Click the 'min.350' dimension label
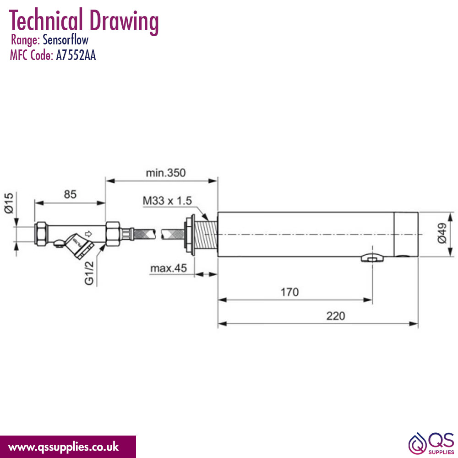pos(166,173)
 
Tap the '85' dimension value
pos(70,194)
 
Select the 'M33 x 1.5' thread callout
pos(167,201)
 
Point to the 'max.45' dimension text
pos(169,268)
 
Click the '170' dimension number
pos(289,292)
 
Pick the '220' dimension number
pos(336,316)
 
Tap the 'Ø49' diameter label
pos(442,233)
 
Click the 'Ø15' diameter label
pos(9,203)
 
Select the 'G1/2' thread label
pos(89,273)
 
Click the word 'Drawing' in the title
pos(124,21)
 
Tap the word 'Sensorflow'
pos(65,40)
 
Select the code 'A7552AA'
pos(76,55)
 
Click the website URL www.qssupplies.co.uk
pos(63,447)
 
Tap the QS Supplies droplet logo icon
pos(417,444)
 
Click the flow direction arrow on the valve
pos(88,234)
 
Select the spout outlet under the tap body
pos(372,258)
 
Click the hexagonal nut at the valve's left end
pos(41,234)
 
